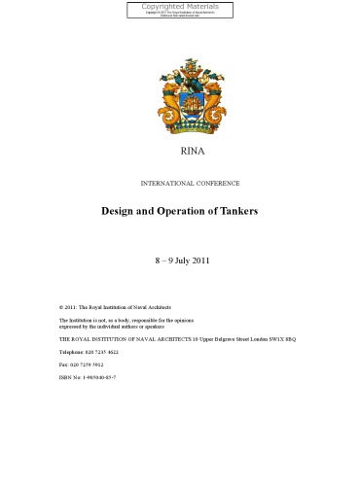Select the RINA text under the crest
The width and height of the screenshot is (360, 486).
pyautogui.click(x=181, y=155)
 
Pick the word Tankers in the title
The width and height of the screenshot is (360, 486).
pyautogui.click(x=237, y=211)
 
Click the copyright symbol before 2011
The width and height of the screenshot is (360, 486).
pyautogui.click(x=61, y=306)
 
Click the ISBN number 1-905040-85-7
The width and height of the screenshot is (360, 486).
pyautogui.click(x=94, y=376)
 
